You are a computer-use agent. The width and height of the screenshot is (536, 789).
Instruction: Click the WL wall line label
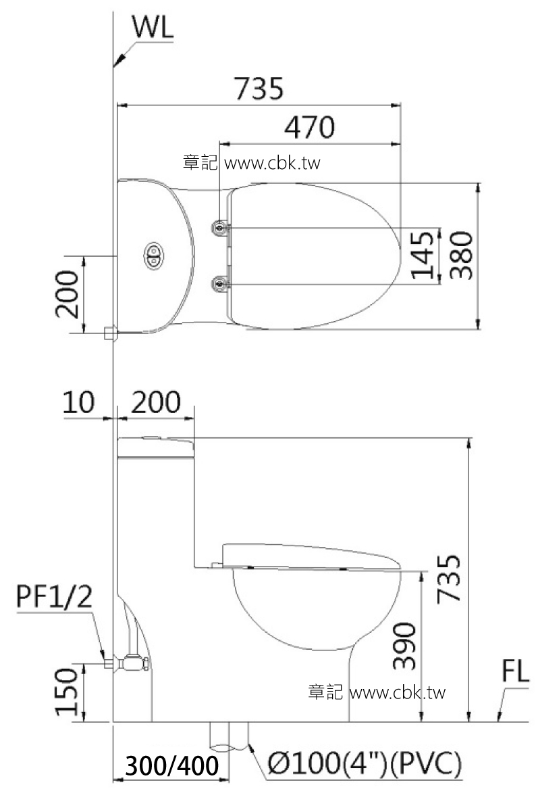click(153, 28)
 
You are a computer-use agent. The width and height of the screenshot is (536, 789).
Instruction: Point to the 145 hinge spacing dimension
click(423, 255)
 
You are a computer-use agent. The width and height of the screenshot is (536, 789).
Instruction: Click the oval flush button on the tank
click(153, 256)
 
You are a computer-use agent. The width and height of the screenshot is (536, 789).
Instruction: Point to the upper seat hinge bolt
click(220, 229)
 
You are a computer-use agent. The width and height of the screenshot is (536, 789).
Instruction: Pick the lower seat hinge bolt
click(220, 285)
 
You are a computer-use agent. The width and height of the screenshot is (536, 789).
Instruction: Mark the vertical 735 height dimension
click(450, 577)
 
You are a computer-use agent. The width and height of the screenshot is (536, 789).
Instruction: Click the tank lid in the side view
click(155, 445)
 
